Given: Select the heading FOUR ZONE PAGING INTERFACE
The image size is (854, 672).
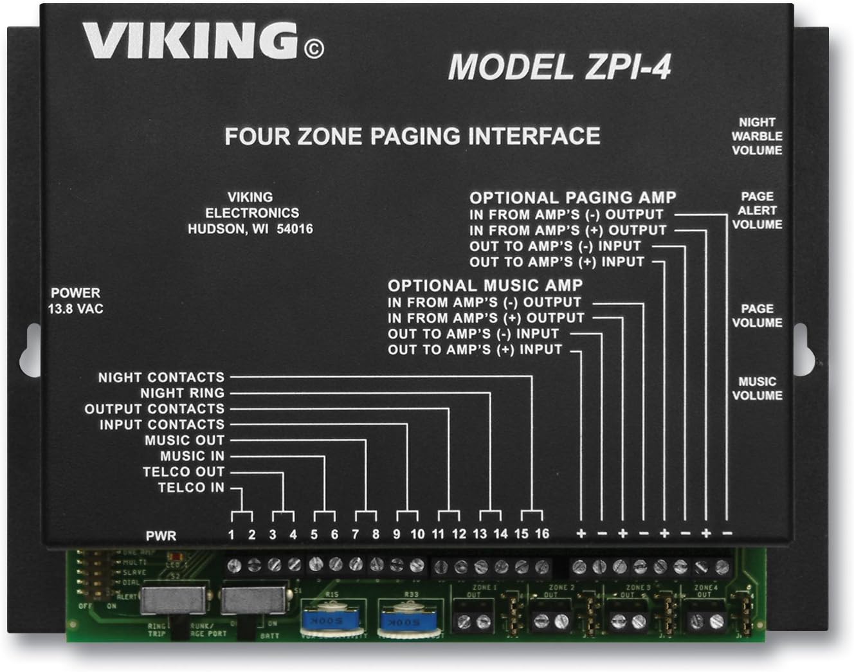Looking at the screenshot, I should (x=412, y=136).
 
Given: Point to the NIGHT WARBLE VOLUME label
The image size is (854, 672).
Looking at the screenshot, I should (x=757, y=136).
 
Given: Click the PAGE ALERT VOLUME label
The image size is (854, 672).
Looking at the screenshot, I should (x=757, y=211).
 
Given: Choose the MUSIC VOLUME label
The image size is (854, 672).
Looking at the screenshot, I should (x=757, y=388).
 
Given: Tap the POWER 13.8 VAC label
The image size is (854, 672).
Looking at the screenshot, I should (x=75, y=301).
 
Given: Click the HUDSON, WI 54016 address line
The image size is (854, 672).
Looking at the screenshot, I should (x=250, y=229).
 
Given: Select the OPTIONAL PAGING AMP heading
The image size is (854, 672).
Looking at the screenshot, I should (x=572, y=198).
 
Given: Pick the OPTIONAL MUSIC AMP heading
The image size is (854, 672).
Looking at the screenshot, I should (x=485, y=286).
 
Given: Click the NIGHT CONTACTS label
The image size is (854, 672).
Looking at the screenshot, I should (x=161, y=377).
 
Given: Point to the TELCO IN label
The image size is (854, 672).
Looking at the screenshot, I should (x=191, y=487).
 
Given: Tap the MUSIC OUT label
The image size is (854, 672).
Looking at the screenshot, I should (x=184, y=440).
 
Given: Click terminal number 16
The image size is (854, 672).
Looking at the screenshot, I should (x=542, y=534).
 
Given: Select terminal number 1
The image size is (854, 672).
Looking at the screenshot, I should (x=232, y=534).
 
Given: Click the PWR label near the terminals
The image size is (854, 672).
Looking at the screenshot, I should (x=161, y=535).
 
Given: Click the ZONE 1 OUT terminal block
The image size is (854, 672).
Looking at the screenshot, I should (x=473, y=620).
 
